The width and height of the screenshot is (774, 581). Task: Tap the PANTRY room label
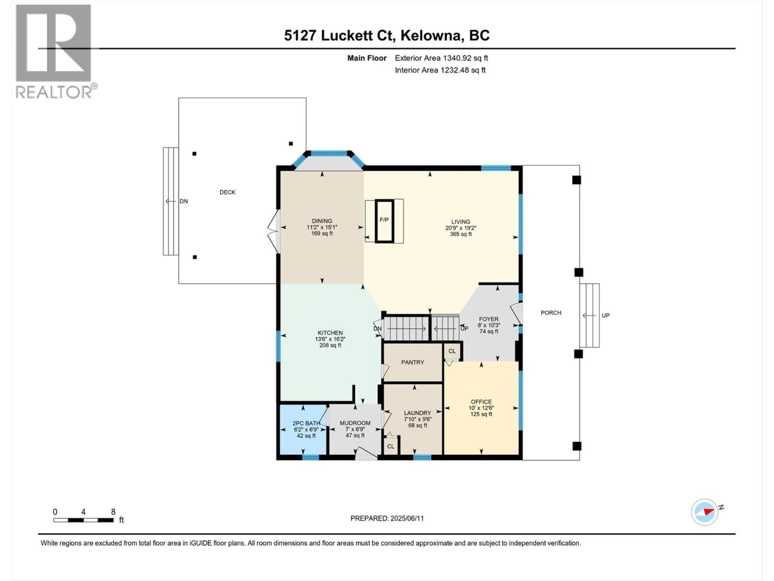(413, 362)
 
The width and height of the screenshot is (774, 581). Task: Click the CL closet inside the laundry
(390, 446)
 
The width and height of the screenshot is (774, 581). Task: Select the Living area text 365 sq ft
(461, 234)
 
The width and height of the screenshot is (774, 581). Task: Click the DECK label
(227, 192)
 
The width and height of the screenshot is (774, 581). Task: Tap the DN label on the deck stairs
(183, 201)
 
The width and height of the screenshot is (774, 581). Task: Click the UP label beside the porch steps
(605, 316)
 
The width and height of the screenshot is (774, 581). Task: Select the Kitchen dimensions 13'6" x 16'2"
(330, 339)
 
